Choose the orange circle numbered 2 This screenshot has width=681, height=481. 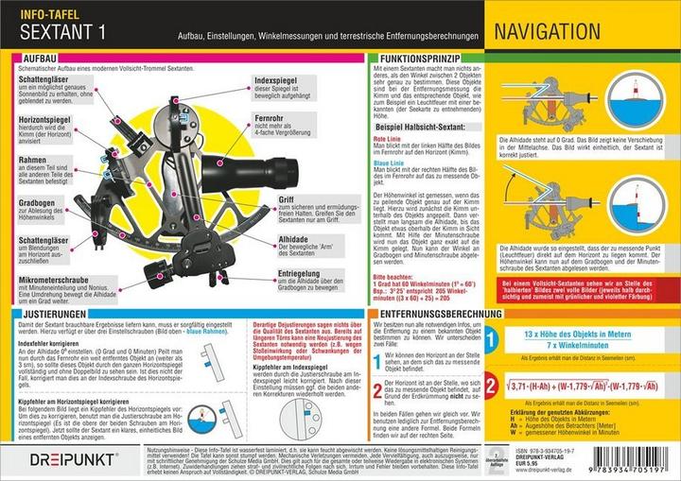tap(493, 383)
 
